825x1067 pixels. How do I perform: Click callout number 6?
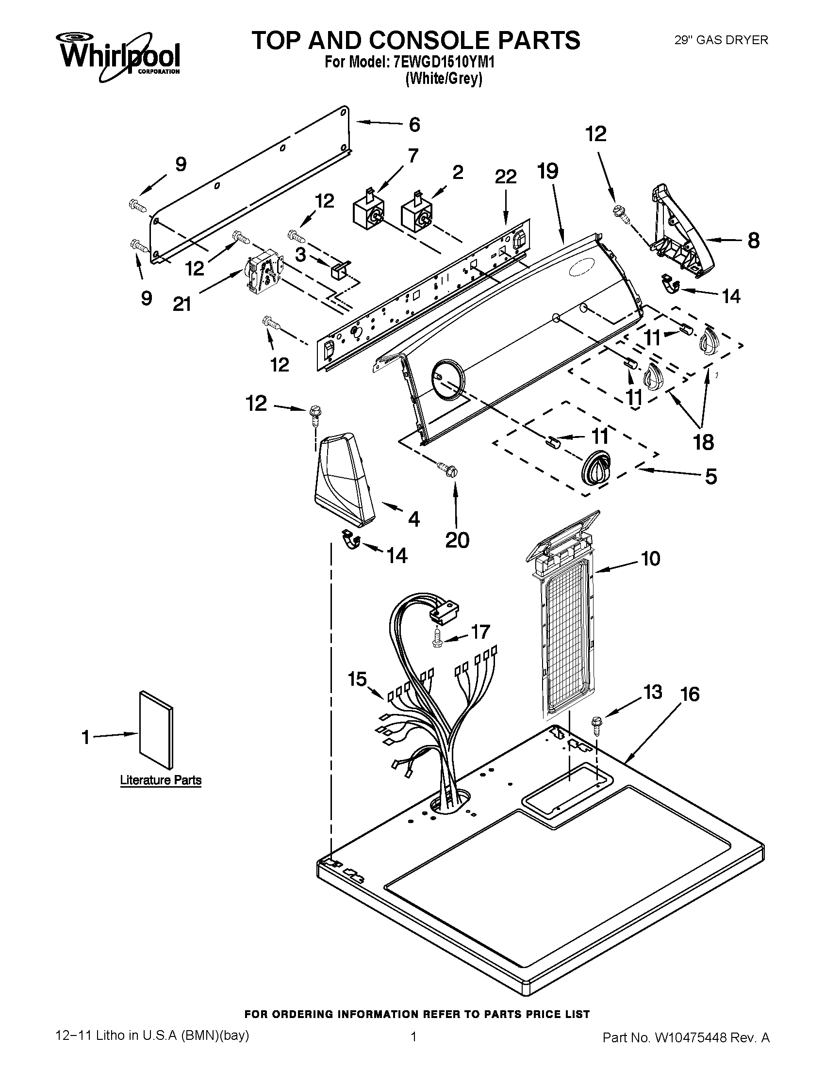pos(414,125)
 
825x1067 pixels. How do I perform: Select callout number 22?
pos(505,177)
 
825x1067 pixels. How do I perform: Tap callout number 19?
pos(547,171)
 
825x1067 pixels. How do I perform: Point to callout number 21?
pos(182,305)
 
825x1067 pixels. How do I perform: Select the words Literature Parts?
pos(161,780)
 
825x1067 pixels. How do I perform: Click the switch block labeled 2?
pos(417,215)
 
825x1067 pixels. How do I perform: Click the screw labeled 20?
pos(448,469)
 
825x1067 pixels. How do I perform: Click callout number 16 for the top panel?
pos(690,694)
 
